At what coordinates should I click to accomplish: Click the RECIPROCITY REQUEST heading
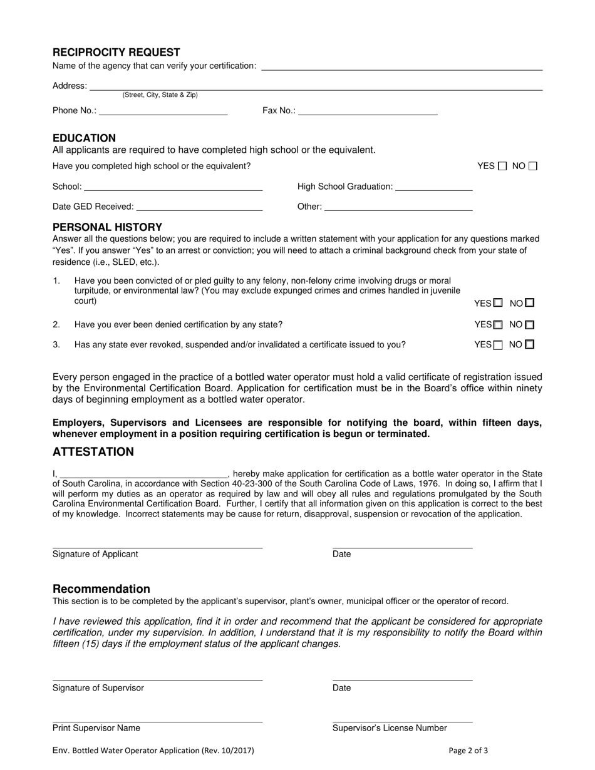[x=116, y=53]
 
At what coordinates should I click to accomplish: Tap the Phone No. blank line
[x=163, y=111]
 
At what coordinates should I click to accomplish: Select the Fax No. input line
[x=368, y=111]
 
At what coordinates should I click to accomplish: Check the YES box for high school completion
[x=502, y=167]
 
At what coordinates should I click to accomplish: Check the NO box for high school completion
[x=533, y=167]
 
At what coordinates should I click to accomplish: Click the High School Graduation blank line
[x=434, y=187]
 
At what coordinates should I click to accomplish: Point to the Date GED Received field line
[x=199, y=207]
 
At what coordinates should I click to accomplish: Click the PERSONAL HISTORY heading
[x=107, y=227]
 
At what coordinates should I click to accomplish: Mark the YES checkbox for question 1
[x=498, y=303]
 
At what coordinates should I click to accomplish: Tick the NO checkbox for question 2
[x=530, y=325]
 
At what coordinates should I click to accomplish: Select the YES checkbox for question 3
[x=498, y=345]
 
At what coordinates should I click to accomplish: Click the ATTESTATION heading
[x=93, y=452]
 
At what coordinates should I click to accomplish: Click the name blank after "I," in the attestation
[x=143, y=475]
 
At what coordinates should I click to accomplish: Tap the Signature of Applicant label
[x=95, y=554]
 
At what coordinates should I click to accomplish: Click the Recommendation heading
[x=101, y=589]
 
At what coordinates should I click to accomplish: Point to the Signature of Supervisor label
[x=98, y=688]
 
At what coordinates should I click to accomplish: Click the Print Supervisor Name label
[x=96, y=728]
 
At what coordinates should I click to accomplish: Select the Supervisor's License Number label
[x=390, y=728]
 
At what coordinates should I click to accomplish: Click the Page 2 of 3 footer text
[x=468, y=751]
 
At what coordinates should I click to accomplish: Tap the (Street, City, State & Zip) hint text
[x=160, y=95]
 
